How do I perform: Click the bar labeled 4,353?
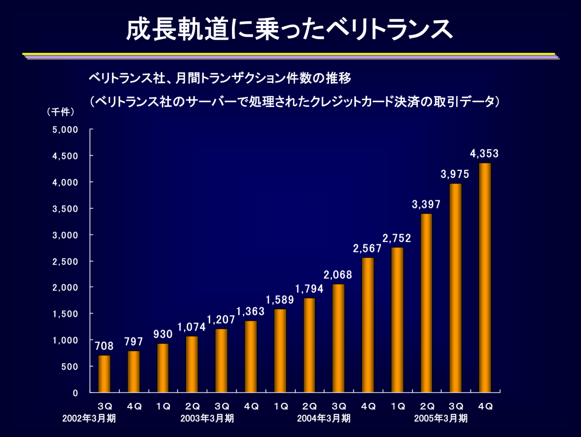[x=485, y=278]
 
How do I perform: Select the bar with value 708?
[x=104, y=374]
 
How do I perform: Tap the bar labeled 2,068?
[x=338, y=338]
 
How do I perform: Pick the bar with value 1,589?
[x=280, y=351]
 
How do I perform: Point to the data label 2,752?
[x=397, y=238]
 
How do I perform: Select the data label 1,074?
[x=192, y=327]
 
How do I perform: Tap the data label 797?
[x=134, y=342]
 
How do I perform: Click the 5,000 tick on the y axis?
[x=65, y=129]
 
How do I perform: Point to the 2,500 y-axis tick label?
[x=65, y=261]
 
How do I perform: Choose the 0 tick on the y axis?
[x=75, y=393]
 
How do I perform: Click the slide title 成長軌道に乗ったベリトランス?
[x=290, y=30]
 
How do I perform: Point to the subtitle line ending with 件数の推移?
[x=219, y=78]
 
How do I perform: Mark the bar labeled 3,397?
[x=426, y=303]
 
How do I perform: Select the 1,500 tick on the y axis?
[x=65, y=314]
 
